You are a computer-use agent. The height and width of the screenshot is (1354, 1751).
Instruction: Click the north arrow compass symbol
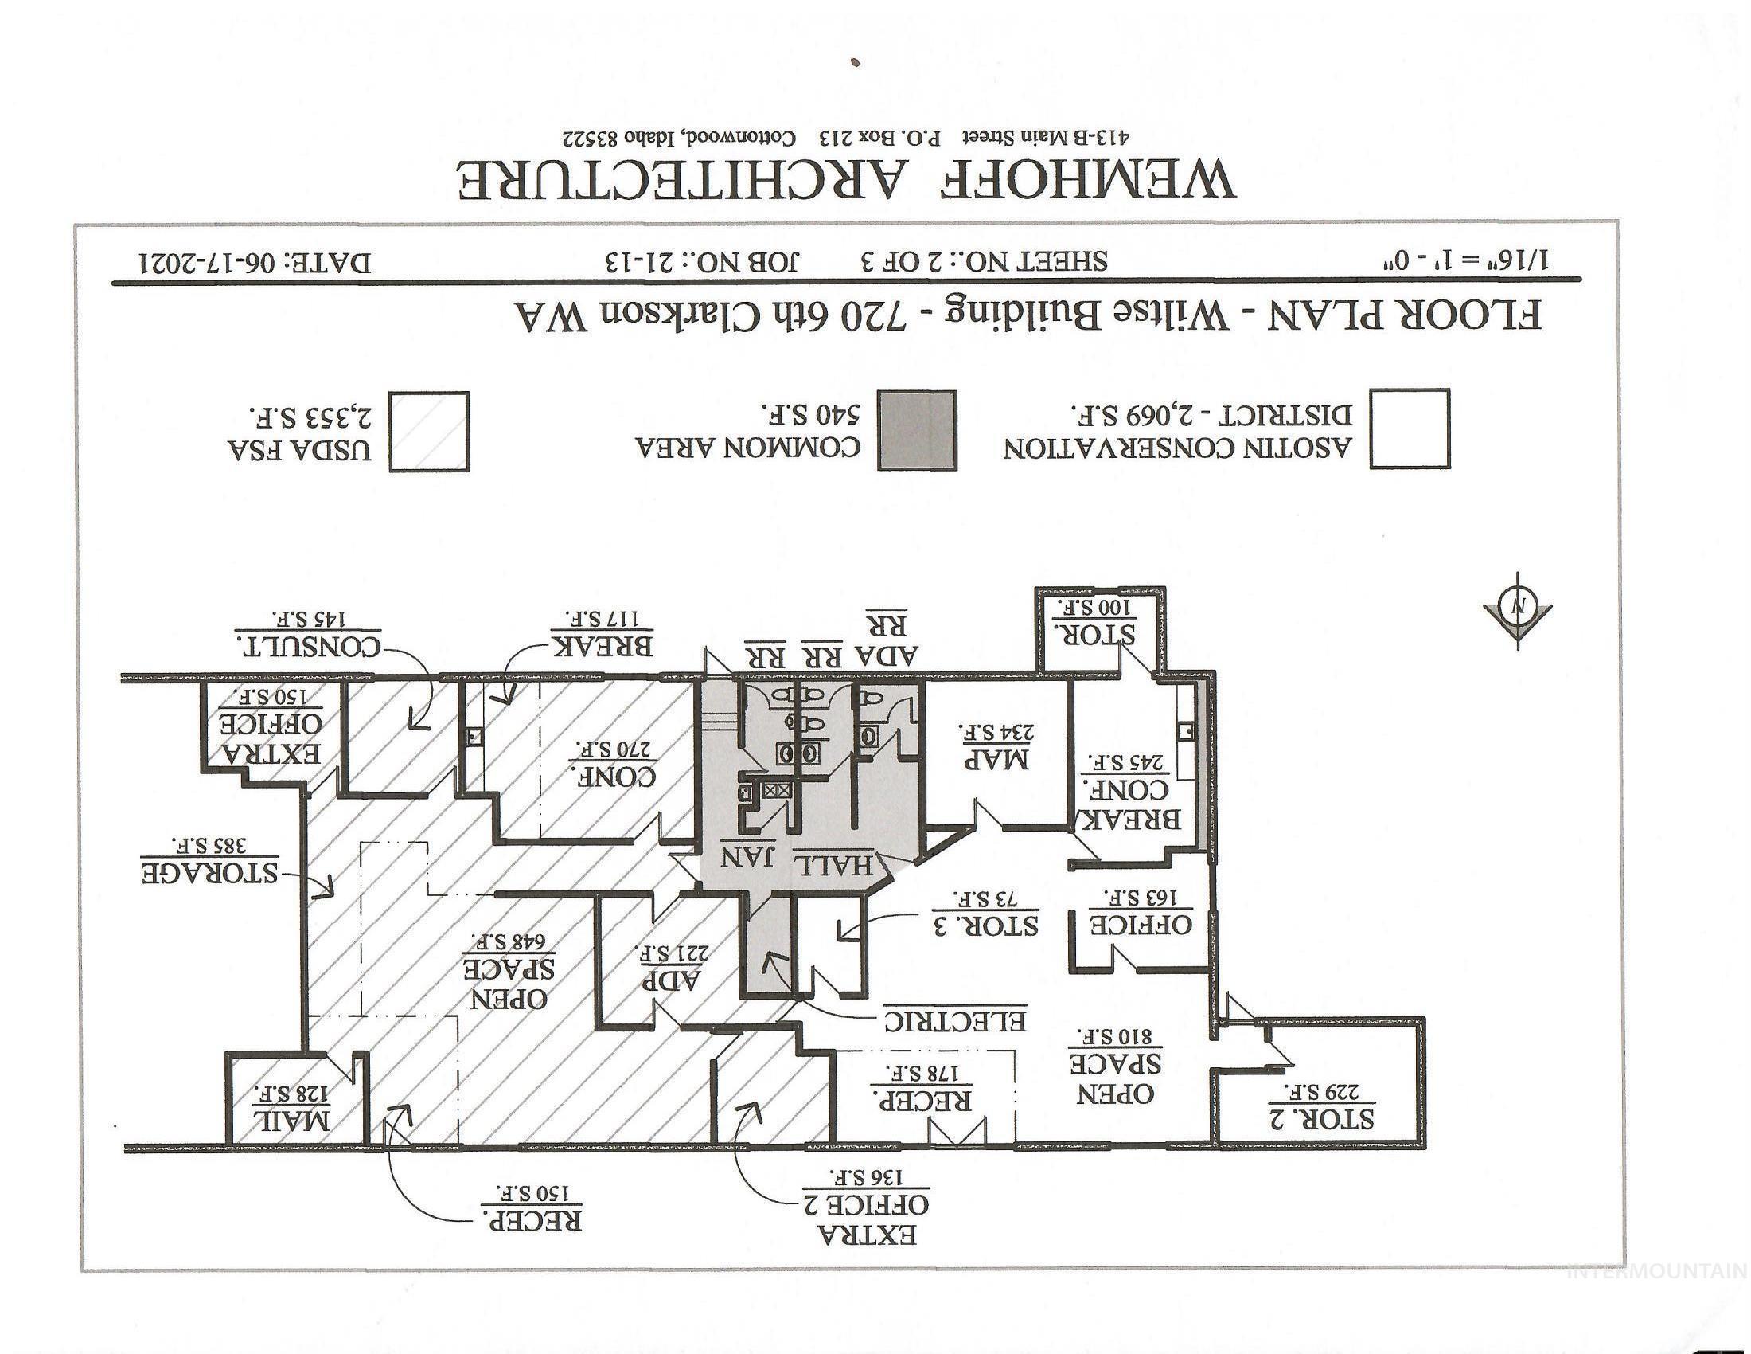click(1518, 610)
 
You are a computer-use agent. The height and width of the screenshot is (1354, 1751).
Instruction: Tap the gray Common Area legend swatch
click(917, 430)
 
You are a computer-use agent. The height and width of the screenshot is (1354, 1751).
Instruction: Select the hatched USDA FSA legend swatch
click(429, 432)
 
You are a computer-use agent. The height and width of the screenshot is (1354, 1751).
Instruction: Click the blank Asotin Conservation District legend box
click(1410, 429)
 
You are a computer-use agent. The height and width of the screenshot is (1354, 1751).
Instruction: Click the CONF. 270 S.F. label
click(614, 761)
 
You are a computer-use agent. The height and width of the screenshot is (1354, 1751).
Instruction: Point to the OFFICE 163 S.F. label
click(1140, 910)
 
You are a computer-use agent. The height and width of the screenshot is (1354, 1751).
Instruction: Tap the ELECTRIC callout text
click(955, 1019)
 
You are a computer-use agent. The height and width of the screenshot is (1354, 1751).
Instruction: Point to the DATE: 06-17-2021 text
click(255, 263)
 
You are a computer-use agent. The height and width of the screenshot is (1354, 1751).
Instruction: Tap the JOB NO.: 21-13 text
click(703, 261)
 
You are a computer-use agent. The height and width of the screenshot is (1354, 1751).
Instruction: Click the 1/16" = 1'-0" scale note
click(1461, 260)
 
